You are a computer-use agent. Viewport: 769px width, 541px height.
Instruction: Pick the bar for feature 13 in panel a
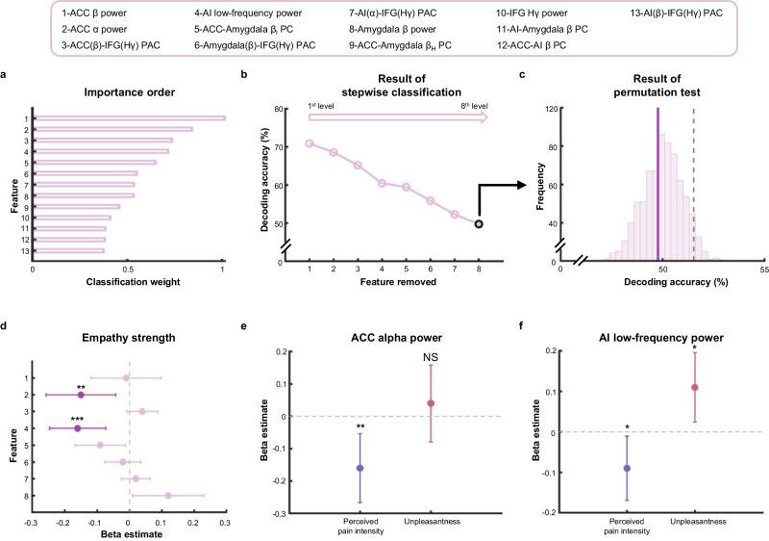point(69,250)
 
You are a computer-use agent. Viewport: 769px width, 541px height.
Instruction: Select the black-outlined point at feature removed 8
point(478,223)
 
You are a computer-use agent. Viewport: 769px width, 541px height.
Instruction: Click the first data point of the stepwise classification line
point(310,143)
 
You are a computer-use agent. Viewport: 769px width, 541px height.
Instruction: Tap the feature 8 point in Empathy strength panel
point(168,496)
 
